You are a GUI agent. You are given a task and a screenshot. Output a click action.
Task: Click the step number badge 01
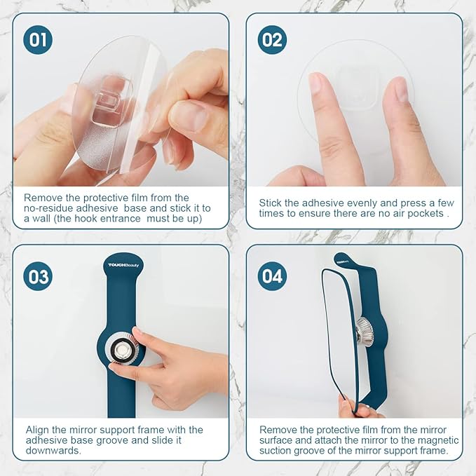click(38, 39)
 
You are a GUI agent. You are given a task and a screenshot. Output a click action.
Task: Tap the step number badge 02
click(272, 39)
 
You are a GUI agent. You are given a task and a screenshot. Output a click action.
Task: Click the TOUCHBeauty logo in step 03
click(123, 265)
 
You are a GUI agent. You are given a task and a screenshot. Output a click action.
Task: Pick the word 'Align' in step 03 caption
click(39, 430)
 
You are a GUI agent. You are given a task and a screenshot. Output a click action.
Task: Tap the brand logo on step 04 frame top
click(343, 261)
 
